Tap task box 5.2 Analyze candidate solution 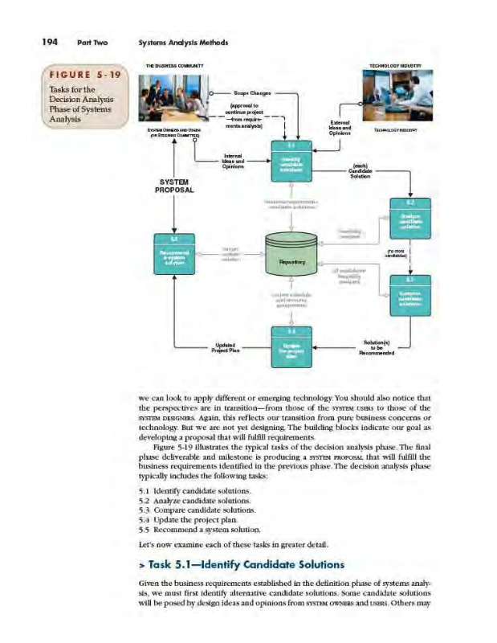409,218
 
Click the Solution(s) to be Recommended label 376,347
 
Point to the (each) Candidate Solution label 359,172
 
